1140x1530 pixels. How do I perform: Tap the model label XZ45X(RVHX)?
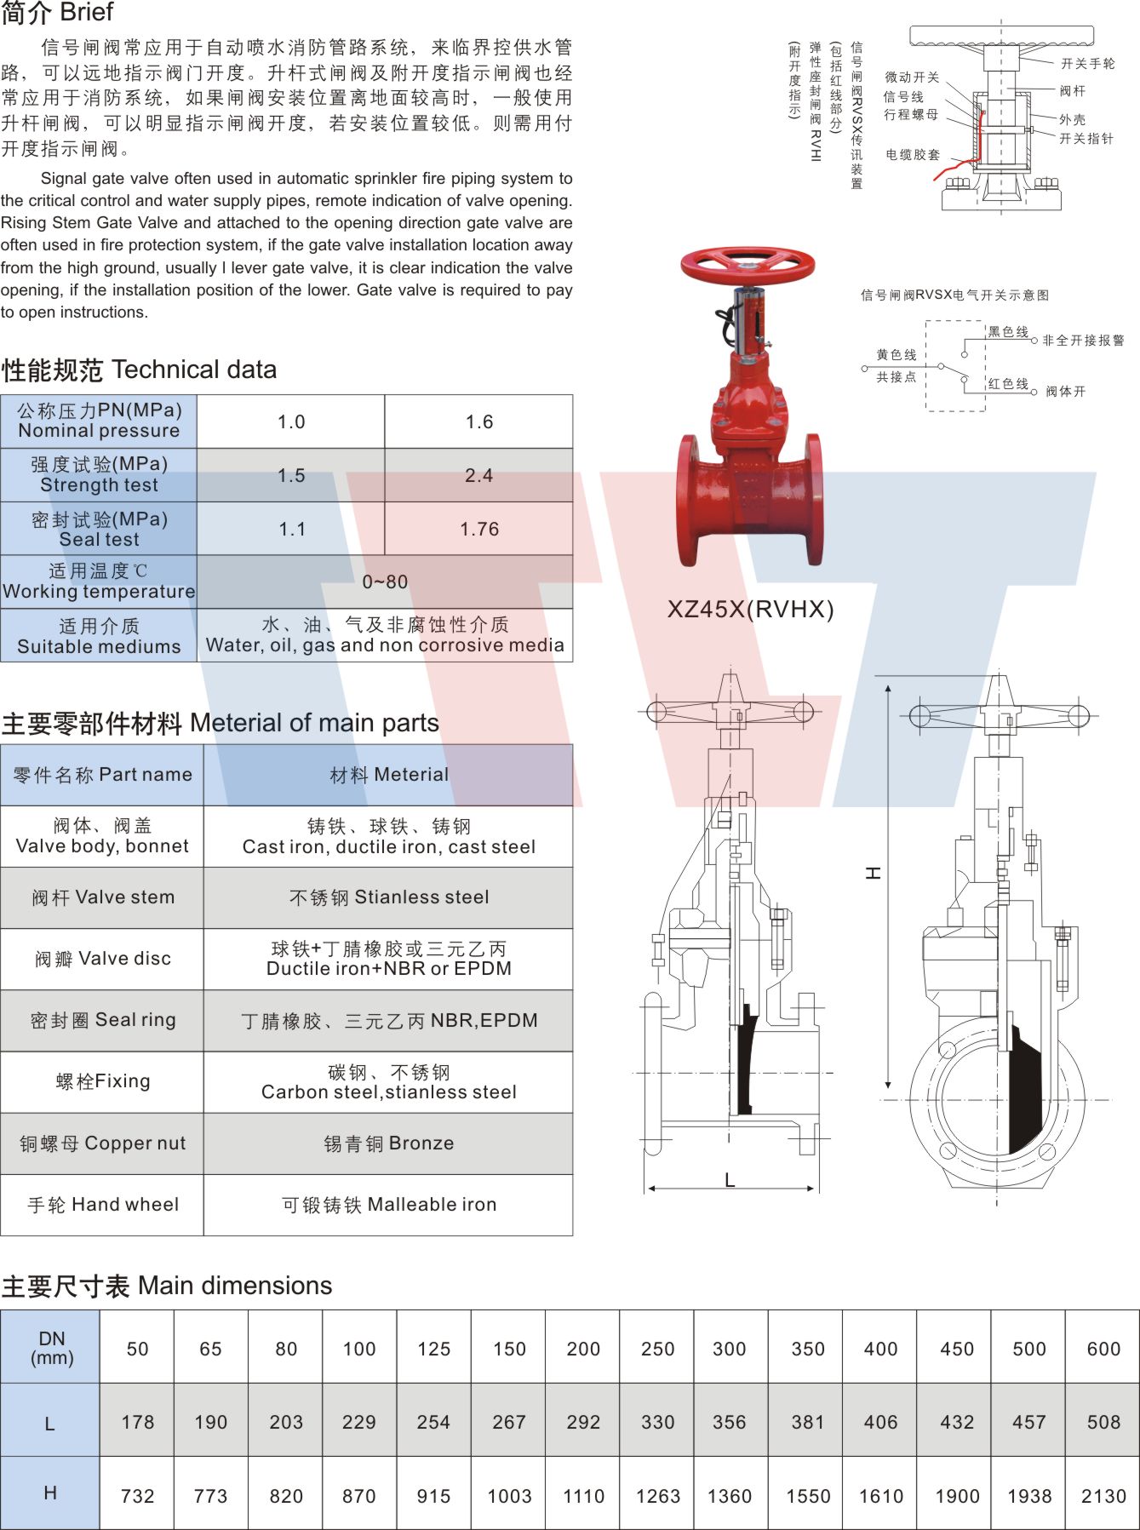[x=750, y=609]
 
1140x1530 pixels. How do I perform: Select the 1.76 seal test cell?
[x=478, y=529]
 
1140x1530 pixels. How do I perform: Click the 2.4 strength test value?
[x=478, y=475]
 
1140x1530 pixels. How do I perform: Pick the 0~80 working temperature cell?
[x=385, y=582]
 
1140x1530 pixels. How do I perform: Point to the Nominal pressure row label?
[x=99, y=421]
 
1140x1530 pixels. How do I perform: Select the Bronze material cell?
[x=388, y=1143]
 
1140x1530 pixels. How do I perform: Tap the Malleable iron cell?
[x=388, y=1205]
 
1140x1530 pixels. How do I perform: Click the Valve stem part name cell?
[x=102, y=897]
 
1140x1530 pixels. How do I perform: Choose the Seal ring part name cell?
[x=102, y=1020]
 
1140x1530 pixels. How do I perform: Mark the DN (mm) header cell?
[x=51, y=1347]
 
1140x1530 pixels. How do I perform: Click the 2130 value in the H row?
[x=1103, y=1496]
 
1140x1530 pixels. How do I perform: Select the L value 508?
[x=1103, y=1422]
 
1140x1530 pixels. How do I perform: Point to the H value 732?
[x=137, y=1496]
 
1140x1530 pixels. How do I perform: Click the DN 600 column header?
[x=1103, y=1349]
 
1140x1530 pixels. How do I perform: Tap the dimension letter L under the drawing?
[x=730, y=1180]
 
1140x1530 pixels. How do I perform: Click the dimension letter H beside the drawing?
[x=873, y=873]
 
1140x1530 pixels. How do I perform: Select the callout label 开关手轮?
[x=1087, y=64]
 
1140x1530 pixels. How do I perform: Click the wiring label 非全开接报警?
[x=1083, y=341]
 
